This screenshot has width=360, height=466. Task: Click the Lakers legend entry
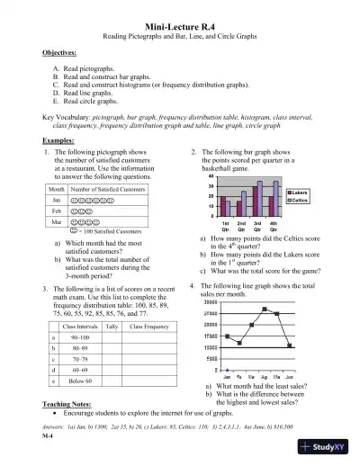coord(301,193)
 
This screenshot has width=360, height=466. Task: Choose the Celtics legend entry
coord(301,200)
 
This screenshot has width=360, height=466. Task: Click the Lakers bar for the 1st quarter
coord(224,202)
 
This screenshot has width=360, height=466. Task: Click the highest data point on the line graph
coord(265,309)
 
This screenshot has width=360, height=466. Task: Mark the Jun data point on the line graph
coord(289,345)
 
